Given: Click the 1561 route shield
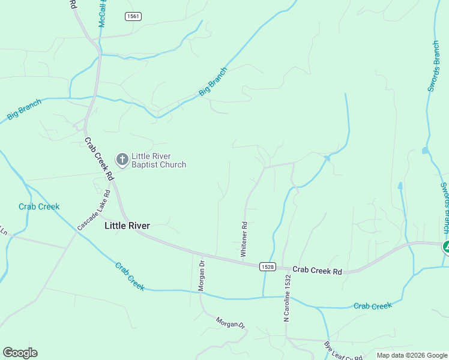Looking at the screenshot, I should click(133, 16).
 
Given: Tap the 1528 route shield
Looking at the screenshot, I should click(268, 266).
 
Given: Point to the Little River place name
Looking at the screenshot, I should click(127, 226).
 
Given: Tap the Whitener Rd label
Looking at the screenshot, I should click(244, 240).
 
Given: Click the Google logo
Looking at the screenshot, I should click(20, 352).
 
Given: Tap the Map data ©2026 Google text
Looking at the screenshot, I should click(411, 355).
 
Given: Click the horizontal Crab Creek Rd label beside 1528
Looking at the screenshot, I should click(318, 271).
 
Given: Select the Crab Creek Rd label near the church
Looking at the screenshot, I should click(100, 159).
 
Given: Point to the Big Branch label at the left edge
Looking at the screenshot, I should click(24, 110).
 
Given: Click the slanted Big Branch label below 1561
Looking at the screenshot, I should click(213, 82).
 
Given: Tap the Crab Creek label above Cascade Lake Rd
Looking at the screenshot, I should click(39, 206).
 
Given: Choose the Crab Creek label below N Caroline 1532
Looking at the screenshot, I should click(372, 306).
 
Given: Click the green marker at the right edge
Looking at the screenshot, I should click(446, 246).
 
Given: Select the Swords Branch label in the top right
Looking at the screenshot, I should click(435, 66).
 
